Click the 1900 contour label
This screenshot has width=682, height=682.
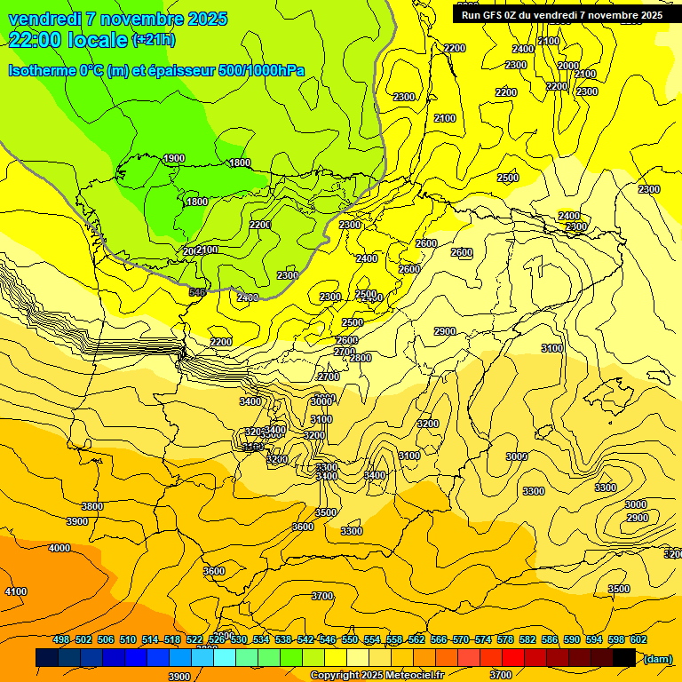pyautogui.click(x=174, y=159)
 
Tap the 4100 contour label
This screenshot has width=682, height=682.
pyautogui.click(x=16, y=591)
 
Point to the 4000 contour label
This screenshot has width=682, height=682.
pyautogui.click(x=59, y=549)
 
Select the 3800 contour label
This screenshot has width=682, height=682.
pyautogui.click(x=92, y=507)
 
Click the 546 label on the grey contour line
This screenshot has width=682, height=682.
pyautogui.click(x=197, y=292)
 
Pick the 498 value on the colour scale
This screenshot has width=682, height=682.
pyautogui.click(x=61, y=640)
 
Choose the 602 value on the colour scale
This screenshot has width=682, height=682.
pyautogui.click(x=638, y=640)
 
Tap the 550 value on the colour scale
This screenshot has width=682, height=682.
pyautogui.click(x=350, y=640)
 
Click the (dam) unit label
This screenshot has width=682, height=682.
pyautogui.click(x=657, y=658)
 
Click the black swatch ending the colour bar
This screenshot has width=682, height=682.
pyautogui.click(x=624, y=658)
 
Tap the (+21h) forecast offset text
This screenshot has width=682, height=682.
pyautogui.click(x=154, y=40)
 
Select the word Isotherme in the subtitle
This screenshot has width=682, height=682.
pyautogui.click(x=42, y=69)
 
